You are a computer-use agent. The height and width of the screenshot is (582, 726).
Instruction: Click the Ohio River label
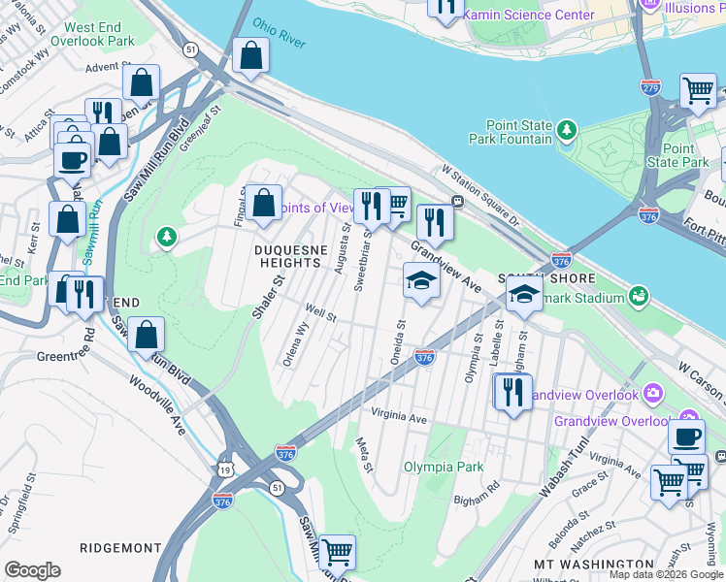280,33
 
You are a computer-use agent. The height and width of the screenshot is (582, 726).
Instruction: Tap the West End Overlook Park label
100,35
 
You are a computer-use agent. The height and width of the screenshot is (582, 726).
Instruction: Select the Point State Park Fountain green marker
566,128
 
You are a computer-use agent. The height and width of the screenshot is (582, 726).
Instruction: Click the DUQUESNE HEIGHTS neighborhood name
294,256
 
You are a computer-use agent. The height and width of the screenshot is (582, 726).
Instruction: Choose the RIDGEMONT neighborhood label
120,547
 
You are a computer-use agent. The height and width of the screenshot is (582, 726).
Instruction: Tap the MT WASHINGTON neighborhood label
594,564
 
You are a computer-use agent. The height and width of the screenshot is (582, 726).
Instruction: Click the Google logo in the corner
32,569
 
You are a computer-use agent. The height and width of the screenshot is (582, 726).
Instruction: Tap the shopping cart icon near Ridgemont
337,552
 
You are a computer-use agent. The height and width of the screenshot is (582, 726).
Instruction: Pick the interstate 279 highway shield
649,86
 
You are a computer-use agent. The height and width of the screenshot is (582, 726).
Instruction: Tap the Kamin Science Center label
528,16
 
